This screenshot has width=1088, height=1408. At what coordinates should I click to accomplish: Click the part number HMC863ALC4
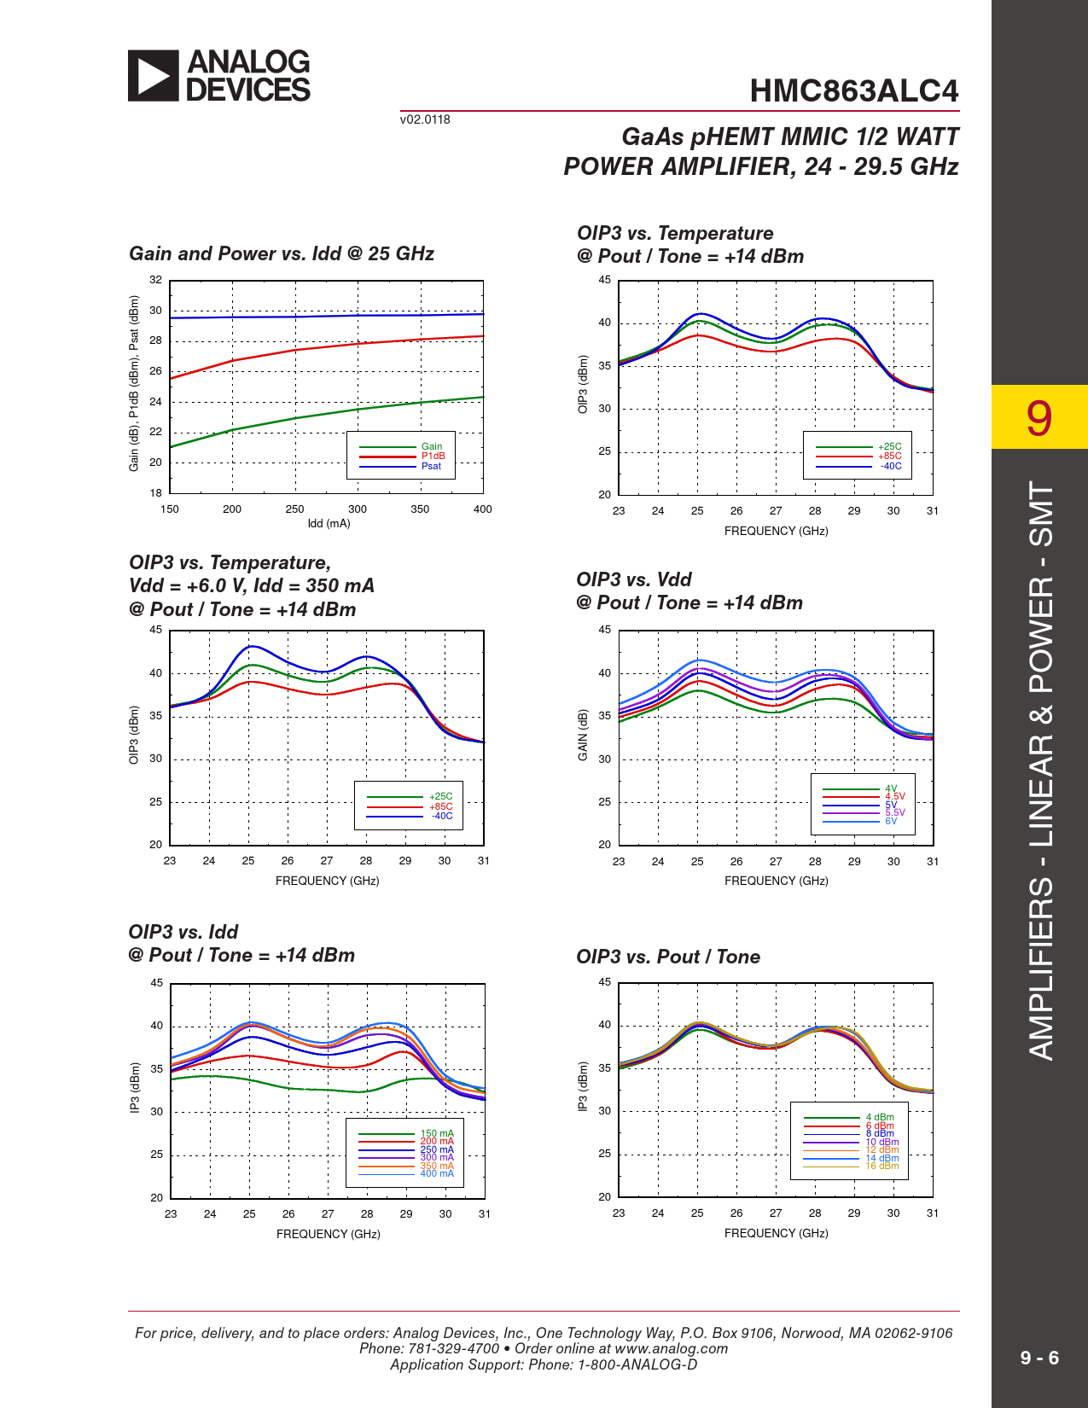(x=853, y=91)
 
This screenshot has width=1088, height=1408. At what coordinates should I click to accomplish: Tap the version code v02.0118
(x=425, y=119)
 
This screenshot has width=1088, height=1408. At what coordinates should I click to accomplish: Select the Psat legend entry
(x=431, y=466)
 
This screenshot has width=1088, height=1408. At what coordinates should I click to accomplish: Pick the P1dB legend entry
(x=433, y=456)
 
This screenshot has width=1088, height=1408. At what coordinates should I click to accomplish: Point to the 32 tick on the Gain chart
(x=156, y=280)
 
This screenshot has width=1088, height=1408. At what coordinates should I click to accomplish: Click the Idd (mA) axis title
(x=329, y=523)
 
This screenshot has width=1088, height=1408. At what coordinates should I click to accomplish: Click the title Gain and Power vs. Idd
(x=282, y=253)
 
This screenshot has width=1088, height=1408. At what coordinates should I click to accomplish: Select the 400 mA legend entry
(x=436, y=1173)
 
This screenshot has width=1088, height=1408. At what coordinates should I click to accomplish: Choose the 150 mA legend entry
(x=436, y=1133)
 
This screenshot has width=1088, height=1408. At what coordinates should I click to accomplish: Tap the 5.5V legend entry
(x=894, y=812)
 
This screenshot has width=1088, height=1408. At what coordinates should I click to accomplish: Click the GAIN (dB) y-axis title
(x=583, y=735)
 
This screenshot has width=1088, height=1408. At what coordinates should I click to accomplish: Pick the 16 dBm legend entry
(x=882, y=1166)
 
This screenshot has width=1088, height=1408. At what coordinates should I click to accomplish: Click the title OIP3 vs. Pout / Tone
(x=668, y=957)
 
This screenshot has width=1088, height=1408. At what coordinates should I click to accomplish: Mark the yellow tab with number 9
(x=1039, y=417)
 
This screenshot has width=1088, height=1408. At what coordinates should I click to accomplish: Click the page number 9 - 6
(x=1039, y=1358)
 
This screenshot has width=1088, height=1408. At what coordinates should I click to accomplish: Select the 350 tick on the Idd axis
(x=420, y=509)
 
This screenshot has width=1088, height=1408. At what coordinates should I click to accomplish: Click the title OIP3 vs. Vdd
(x=634, y=579)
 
